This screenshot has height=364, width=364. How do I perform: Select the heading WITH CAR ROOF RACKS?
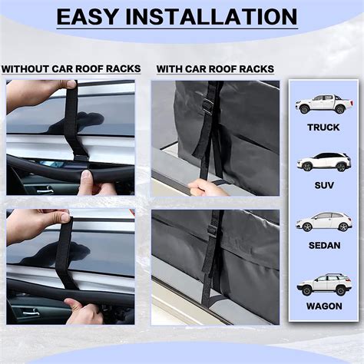[x=215, y=69]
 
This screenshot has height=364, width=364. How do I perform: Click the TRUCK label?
[x=323, y=127]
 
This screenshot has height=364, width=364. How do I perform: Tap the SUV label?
[x=323, y=185]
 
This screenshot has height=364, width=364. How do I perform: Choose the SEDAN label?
[x=323, y=246]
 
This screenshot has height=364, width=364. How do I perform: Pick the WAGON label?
[x=323, y=306]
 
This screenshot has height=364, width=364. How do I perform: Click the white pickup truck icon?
[x=323, y=104]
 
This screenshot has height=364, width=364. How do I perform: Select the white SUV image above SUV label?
[x=323, y=162]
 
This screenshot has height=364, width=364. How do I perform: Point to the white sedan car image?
[x=323, y=222]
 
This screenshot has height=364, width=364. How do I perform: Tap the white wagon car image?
[x=323, y=283]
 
